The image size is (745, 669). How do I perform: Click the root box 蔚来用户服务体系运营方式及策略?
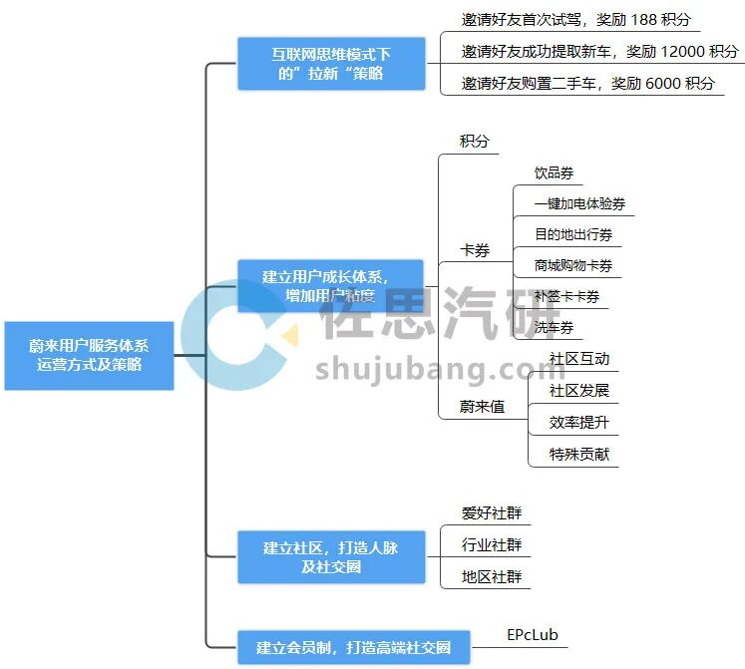coord(89,355)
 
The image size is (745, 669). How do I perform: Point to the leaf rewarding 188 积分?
coord(575,20)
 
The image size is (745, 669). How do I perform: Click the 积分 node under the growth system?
coord(475,142)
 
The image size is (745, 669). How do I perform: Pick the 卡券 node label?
coord(475,250)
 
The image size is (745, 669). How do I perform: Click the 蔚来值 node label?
coord(482,406)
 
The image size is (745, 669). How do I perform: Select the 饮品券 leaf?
coord(554,173)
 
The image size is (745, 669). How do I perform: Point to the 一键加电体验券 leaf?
coord(579,204)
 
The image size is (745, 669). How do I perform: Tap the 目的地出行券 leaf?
coord(573,235)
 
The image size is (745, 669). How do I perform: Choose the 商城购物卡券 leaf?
coord(573,266)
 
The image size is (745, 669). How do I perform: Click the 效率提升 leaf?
coord(578,422)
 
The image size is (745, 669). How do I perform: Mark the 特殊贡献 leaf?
coord(578,454)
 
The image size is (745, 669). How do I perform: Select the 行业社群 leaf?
coord(492,545)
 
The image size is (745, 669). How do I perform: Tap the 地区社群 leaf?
coord(492,576)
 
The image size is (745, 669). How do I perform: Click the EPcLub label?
coord(533,634)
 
